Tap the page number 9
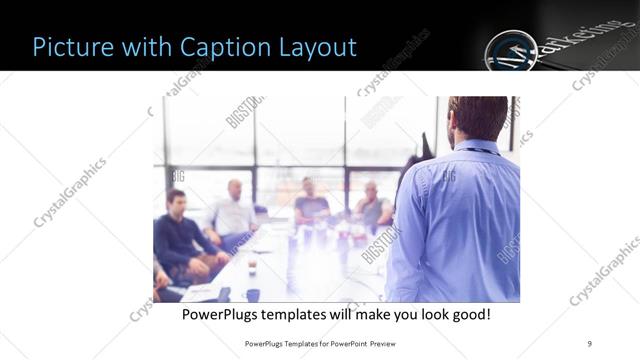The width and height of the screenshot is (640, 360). (589, 343)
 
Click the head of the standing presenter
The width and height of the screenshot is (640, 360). (478, 118)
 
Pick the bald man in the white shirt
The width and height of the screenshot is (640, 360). (232, 210)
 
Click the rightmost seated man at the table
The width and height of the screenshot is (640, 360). (373, 207)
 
